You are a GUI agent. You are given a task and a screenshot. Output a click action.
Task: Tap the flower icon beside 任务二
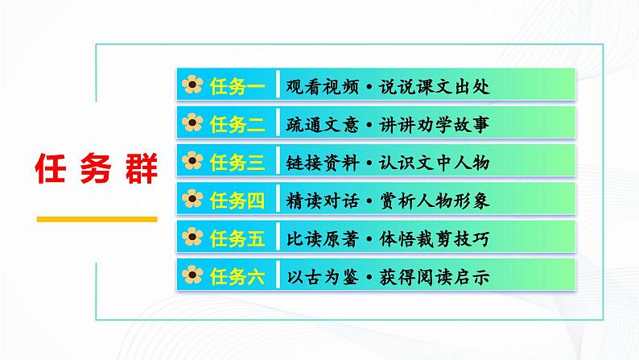[192, 125]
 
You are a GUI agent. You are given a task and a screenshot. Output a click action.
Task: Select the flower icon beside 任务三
[192, 163]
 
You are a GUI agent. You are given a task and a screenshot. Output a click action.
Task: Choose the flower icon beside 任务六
[192, 277]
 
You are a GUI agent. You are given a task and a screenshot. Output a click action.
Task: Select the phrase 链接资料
[319, 163]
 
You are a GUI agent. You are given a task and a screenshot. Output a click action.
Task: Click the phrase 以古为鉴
[319, 277]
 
